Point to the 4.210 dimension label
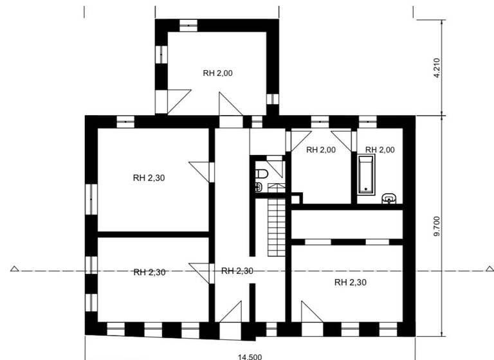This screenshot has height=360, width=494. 437,67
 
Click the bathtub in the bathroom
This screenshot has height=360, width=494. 366,173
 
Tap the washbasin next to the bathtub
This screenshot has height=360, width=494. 389,198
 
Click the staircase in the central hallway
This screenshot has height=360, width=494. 276,225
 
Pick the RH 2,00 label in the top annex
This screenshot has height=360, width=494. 217,73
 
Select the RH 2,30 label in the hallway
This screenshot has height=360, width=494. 237,271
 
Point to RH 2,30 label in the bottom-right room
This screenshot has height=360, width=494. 350,282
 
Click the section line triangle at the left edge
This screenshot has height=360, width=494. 14,270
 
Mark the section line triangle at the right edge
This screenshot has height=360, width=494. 480,270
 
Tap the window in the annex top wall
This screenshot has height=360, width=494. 188,25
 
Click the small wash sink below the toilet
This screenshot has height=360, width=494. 258,187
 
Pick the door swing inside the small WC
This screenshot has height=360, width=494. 277,168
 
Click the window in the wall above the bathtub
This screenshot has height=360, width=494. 367,120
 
